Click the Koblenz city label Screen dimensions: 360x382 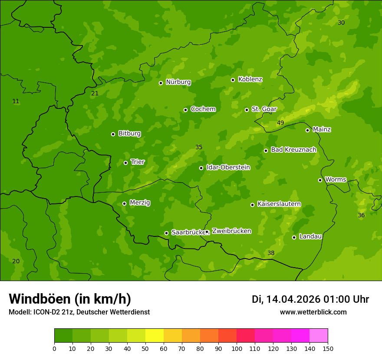[x=250, y=79]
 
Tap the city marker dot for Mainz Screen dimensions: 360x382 [x=307, y=130]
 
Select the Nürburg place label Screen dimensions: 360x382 [x=178, y=82]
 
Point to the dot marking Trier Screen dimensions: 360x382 [x=125, y=163]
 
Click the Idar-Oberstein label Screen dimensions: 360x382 [x=228, y=167]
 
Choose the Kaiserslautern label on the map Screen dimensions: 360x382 [x=279, y=204]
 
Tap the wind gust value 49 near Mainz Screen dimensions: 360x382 [x=280, y=123]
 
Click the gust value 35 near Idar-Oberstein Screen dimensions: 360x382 [x=199, y=147]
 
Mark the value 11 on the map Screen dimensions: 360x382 [x=16, y=101]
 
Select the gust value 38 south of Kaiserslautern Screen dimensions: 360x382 [x=271, y=253]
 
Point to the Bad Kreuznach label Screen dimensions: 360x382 [x=293, y=150]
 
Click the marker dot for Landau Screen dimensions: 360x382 [x=294, y=237]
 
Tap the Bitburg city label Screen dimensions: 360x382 [x=129, y=134]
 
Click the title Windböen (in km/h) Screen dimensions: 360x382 [x=70, y=299]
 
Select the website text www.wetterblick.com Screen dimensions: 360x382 [x=313, y=312]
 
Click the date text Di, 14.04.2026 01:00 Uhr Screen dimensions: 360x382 [x=310, y=299]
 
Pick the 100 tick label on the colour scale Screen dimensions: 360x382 [x=237, y=348]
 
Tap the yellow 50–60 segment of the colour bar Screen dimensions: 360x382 [x=155, y=336]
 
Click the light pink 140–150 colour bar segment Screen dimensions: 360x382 [x=319, y=336]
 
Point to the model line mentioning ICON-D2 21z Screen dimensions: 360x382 [x=79, y=312]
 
